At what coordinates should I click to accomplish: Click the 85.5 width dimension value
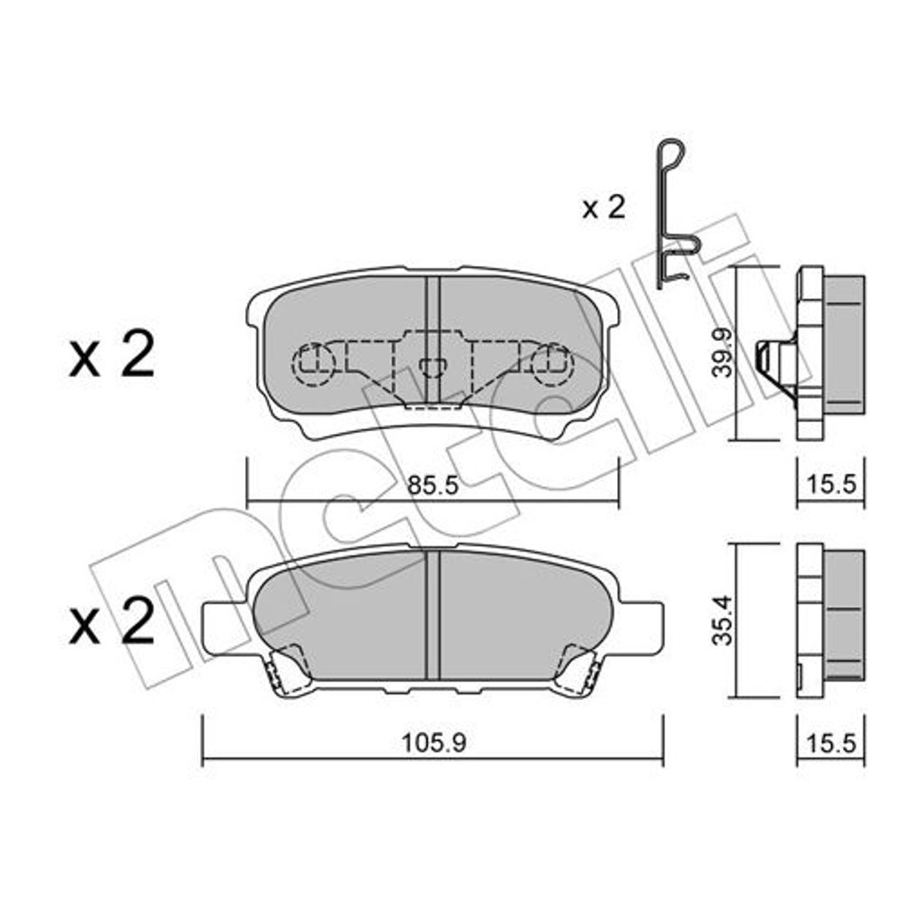coord(432,486)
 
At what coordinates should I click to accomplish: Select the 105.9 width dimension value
coord(433,743)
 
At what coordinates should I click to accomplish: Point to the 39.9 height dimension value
coord(721,353)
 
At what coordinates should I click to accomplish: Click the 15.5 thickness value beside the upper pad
coord(831,485)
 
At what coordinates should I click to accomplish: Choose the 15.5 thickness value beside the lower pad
coord(831,743)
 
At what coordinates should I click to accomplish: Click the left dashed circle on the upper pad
coord(314,365)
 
